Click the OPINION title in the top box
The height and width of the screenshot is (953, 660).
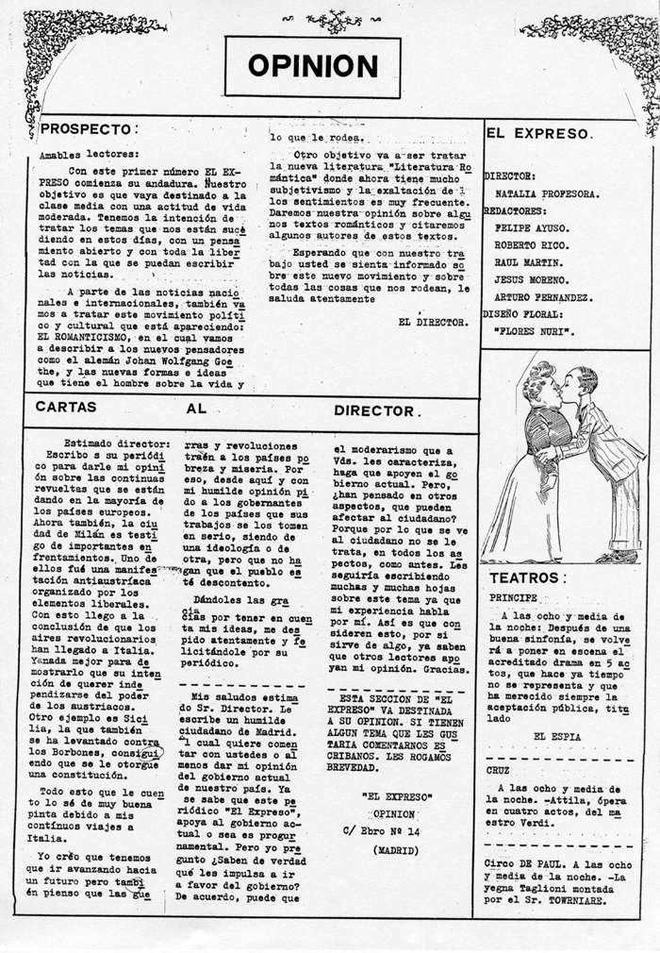click(312, 65)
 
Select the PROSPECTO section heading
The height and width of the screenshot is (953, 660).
click(89, 128)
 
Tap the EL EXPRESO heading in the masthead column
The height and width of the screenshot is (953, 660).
click(538, 133)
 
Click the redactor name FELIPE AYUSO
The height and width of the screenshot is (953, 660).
click(532, 227)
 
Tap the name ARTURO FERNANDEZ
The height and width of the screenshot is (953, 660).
click(542, 297)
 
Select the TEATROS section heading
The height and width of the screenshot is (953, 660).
click(527, 577)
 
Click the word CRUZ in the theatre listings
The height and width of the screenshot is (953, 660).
click(500, 769)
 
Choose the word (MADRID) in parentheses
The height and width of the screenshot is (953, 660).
click(395, 849)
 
